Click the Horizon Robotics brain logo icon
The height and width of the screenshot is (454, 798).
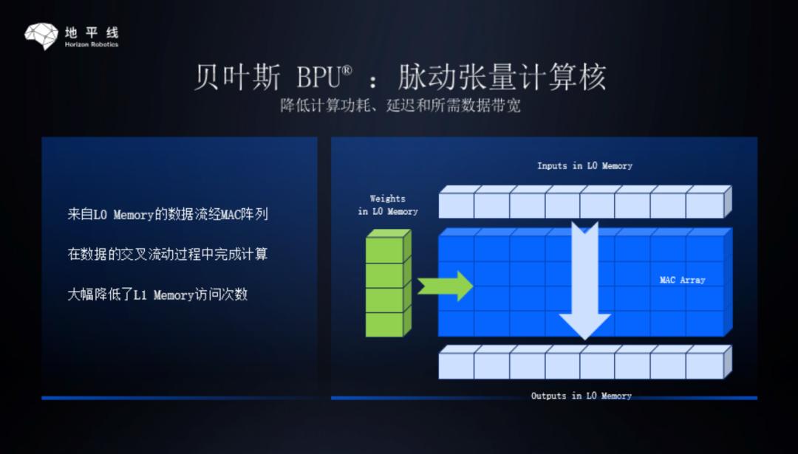click(41, 36)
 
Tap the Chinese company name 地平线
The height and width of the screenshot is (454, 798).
click(92, 33)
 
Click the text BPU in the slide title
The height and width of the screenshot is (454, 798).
click(318, 78)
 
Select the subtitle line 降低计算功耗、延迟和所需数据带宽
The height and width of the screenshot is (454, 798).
click(400, 106)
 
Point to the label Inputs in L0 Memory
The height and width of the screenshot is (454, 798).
click(584, 166)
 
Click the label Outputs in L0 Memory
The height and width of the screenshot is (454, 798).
click(582, 396)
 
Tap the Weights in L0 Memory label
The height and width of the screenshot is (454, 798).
click(388, 205)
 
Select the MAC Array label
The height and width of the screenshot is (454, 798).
click(683, 280)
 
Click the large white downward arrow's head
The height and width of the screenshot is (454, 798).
click(584, 326)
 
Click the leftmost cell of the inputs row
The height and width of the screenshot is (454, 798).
click(457, 203)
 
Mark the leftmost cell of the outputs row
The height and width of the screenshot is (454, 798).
click(457, 362)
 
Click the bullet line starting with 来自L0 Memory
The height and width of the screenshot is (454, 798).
click(168, 214)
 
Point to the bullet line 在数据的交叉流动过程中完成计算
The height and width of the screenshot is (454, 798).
click(168, 254)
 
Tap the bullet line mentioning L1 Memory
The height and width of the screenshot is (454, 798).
click(158, 295)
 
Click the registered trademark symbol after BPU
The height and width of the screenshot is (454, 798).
click(346, 71)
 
